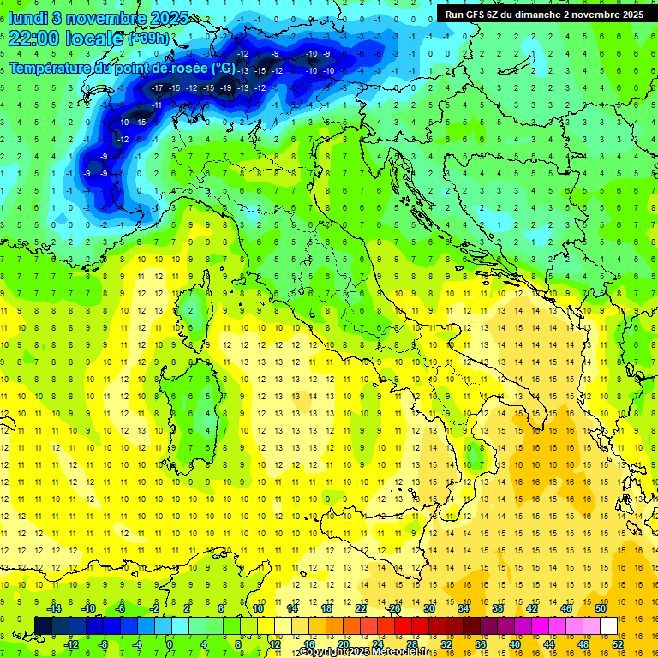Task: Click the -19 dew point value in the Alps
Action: coord(226,87)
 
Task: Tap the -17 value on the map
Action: coord(157,87)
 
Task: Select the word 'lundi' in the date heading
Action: coord(28,17)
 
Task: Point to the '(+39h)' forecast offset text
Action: coord(148,39)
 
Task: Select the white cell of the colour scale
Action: coord(608,625)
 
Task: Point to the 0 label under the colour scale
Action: coord(170,644)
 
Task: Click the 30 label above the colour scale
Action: coord(429,608)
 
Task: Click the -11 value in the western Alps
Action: coord(157,105)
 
